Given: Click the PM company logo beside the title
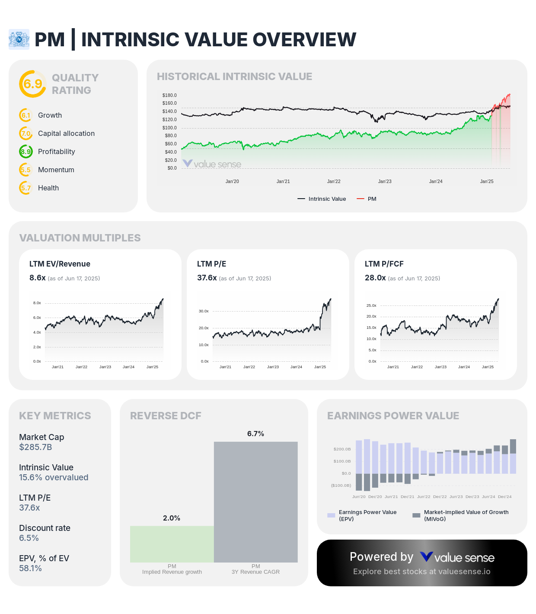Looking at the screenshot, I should coord(19,39).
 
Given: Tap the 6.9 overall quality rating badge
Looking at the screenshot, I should coord(33,84).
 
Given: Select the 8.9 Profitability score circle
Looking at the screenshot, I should coord(26,151).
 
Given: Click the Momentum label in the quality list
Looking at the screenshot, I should coord(56,170).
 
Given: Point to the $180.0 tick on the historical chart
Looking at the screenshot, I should coord(169,95).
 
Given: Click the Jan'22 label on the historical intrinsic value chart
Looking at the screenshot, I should coord(334,181).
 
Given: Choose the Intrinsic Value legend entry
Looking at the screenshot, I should coord(322,199).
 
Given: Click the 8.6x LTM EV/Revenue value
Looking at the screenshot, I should coord(38,278).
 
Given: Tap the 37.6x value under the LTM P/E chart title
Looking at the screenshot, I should coord(207,278).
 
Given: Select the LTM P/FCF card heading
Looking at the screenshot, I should coord(384,264).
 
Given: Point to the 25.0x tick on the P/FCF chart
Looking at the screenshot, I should coord(371,305).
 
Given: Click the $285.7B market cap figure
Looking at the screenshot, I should coord(35,447).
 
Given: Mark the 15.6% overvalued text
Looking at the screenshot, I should coord(54,477).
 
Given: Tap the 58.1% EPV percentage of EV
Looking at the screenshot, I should coord(30,568).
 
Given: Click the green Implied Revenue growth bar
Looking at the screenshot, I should coord(172,544).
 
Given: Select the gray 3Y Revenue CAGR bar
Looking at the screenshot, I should coord(256,502).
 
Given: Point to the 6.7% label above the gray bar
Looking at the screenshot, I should coord(255,434).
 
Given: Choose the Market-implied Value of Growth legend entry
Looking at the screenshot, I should coord(461,515).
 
